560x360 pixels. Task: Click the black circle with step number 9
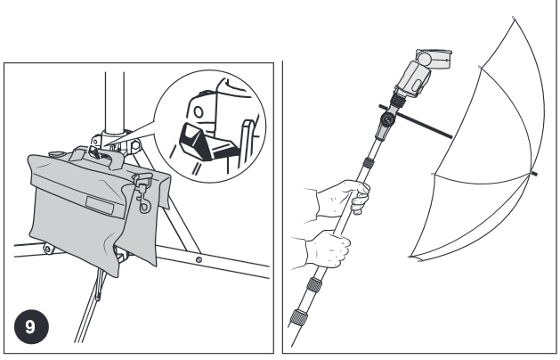pos(31,327)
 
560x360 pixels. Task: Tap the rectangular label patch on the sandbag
pos(100,206)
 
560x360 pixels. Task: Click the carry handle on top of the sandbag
pos(97,158)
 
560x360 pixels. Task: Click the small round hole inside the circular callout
pos(198,112)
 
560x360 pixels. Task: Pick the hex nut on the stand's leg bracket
pos(135,146)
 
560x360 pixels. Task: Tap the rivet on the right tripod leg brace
pos(199,259)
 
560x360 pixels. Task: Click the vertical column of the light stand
pos(114,103)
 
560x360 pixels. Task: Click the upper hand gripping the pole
pos(342,198)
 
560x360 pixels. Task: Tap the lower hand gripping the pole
pos(328,250)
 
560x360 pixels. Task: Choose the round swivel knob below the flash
pos(386,119)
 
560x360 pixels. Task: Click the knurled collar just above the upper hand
pos(369,163)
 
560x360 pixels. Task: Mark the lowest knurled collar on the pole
pos(298,317)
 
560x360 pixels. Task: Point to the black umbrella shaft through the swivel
pos(416,121)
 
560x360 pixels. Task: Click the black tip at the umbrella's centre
pos(534,174)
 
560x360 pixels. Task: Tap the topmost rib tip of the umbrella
pos(514,18)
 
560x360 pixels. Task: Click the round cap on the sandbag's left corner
pos(57,154)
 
